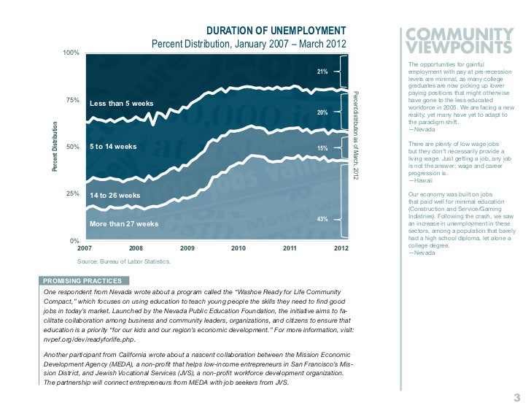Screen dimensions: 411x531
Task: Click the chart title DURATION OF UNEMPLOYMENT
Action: click(x=275, y=31)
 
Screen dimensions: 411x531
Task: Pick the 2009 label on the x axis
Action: click(x=187, y=250)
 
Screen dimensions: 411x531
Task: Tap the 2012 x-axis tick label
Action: click(x=341, y=250)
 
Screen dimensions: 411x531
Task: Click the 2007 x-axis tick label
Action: click(x=85, y=250)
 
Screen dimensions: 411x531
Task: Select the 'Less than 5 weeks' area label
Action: click(x=121, y=104)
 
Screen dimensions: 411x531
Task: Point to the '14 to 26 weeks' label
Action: click(x=115, y=196)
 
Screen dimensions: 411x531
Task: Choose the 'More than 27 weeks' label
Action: click(x=123, y=223)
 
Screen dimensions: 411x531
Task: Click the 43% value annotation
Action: click(x=322, y=219)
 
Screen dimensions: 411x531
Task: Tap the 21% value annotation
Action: click(x=322, y=72)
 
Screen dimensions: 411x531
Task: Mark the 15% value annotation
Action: click(x=322, y=149)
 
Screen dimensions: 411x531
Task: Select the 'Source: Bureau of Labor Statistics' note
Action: click(x=124, y=261)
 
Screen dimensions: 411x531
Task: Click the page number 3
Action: click(x=516, y=397)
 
